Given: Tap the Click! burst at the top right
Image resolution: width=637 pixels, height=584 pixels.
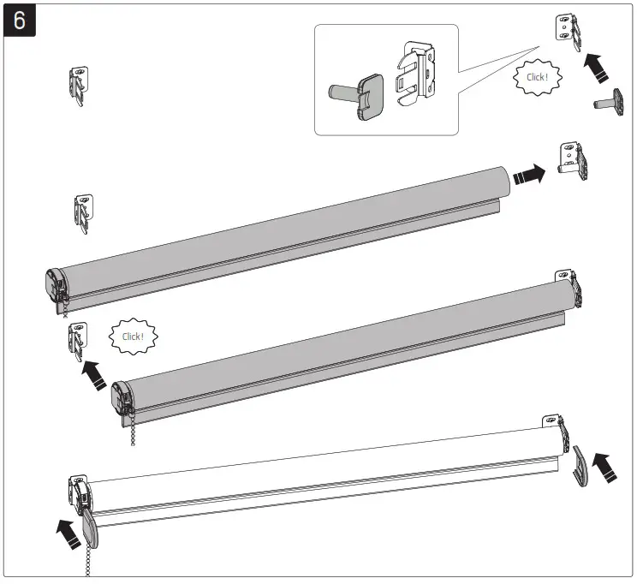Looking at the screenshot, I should [537, 78].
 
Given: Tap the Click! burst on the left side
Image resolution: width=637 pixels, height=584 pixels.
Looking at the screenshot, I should [134, 337].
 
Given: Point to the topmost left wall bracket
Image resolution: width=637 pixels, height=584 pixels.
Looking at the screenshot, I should [77, 85].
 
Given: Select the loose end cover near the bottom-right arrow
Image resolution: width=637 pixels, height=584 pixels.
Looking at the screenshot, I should [581, 468].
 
